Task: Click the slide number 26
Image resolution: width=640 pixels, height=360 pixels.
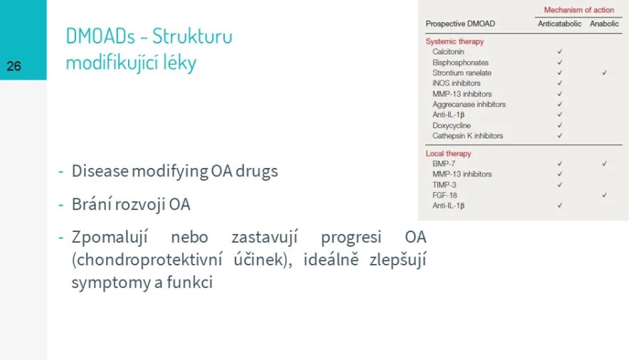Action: click(x=14, y=66)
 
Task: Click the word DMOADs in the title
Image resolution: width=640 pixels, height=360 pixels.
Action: click(x=100, y=36)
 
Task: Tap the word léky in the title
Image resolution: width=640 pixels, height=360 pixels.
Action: click(x=179, y=63)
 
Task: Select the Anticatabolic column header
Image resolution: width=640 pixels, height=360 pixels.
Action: click(x=559, y=23)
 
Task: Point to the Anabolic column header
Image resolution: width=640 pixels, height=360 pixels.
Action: click(x=604, y=23)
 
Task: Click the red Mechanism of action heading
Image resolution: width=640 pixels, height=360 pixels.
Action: click(x=579, y=10)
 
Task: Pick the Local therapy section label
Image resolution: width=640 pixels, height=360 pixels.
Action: click(x=448, y=154)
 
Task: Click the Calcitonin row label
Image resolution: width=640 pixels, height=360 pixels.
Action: click(x=448, y=52)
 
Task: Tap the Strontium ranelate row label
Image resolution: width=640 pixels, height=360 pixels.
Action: click(x=462, y=73)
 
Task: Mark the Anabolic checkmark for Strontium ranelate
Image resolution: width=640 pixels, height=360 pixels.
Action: click(x=604, y=73)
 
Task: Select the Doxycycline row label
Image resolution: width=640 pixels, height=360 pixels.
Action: click(x=452, y=126)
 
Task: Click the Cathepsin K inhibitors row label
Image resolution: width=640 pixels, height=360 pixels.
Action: click(x=467, y=136)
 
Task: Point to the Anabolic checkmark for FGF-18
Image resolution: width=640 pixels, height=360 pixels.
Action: click(x=604, y=195)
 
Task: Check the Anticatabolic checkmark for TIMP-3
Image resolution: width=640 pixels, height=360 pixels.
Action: click(x=560, y=184)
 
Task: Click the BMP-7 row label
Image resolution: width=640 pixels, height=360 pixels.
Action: click(x=444, y=164)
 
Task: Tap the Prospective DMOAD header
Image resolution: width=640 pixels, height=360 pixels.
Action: click(x=460, y=23)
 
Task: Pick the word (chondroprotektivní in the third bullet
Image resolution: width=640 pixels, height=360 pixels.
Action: click(x=147, y=260)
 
